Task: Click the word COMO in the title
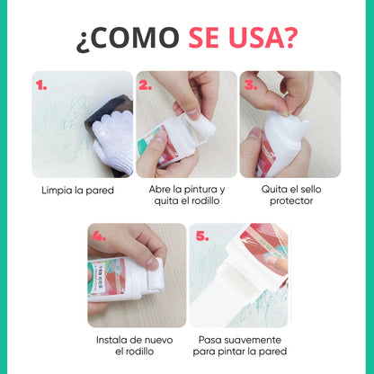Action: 136,38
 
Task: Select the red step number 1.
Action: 41,86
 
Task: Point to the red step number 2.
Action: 146,85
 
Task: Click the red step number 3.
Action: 251,85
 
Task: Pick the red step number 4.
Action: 99,236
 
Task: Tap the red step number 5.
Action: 202,236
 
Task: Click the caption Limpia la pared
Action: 78,191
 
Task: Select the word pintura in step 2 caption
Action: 200,190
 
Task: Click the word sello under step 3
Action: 311,190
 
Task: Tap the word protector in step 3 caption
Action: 291,201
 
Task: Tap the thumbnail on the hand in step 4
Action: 153,263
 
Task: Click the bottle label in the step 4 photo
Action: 106,277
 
